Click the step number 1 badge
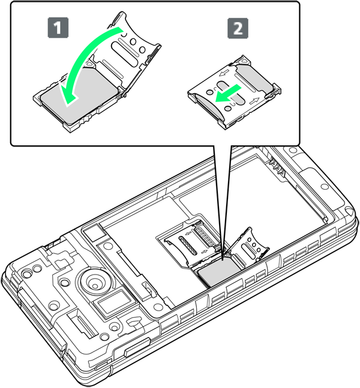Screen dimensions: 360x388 pyautogui.click(x=58, y=28)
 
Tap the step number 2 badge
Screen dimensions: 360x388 pyautogui.click(x=238, y=28)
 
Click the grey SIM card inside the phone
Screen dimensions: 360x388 pyautogui.click(x=218, y=271)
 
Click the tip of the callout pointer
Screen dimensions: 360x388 pyautogui.click(x=223, y=260)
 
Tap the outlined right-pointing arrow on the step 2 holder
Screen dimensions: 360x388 pyautogui.click(x=254, y=100)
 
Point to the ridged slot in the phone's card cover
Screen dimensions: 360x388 pyautogui.click(x=188, y=245)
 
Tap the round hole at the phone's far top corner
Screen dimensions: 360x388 pyautogui.click(x=293, y=150)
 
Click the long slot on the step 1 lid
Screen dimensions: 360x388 pyautogui.click(x=124, y=54)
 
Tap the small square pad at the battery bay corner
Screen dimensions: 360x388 pyautogui.click(x=93, y=234)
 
